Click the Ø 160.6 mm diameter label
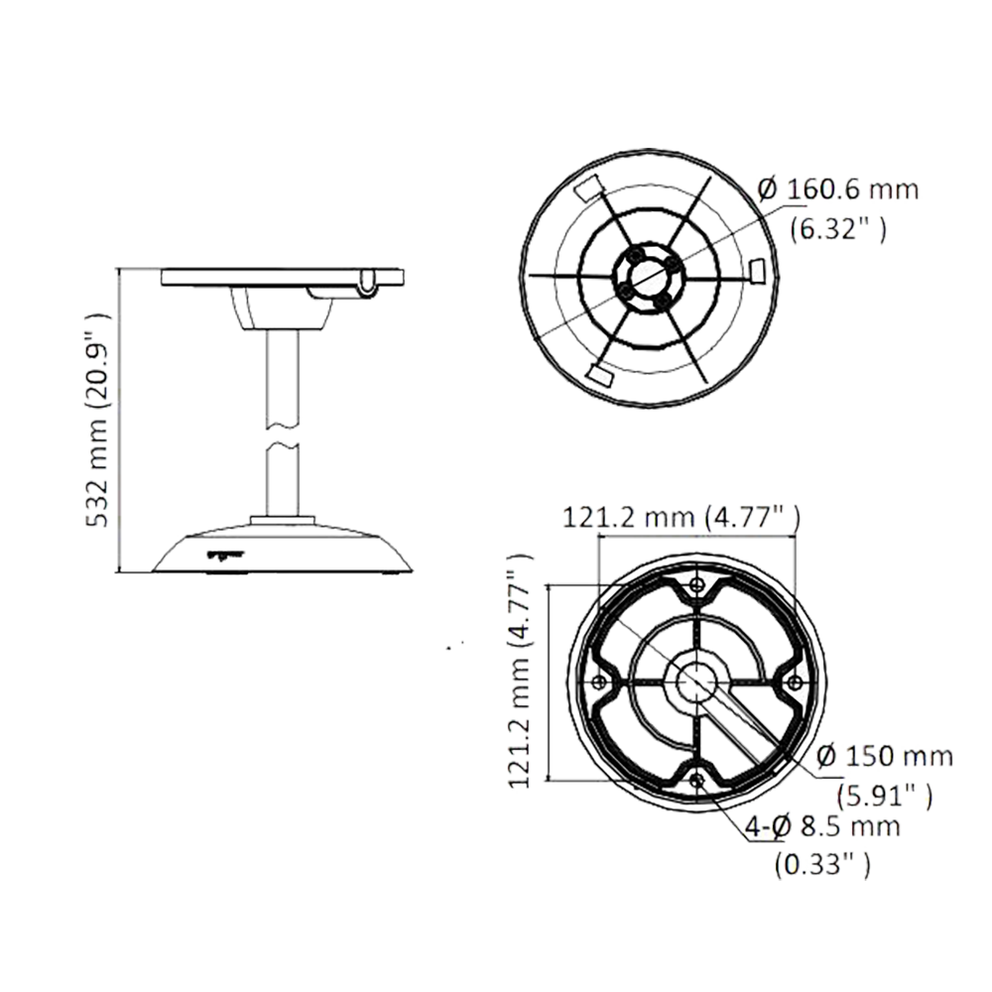tap(836, 192)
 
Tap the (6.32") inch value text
tap(839, 229)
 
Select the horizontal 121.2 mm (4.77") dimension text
tap(682, 518)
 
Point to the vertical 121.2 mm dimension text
tap(523, 675)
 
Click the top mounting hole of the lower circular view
tap(697, 585)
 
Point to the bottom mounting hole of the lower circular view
tap(705, 784)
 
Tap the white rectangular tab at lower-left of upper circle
tap(601, 376)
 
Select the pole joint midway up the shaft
tap(284, 434)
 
